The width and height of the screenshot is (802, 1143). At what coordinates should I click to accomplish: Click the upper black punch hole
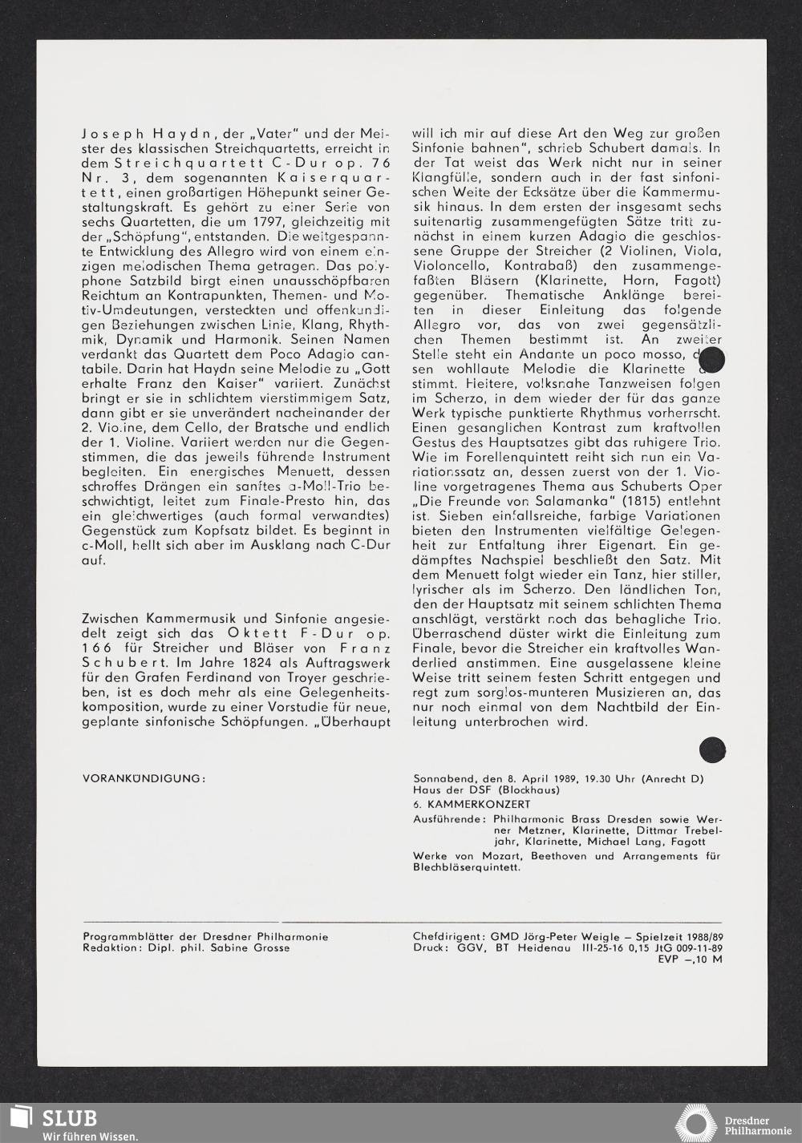711,360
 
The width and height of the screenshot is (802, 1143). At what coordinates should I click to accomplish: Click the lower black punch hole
712,749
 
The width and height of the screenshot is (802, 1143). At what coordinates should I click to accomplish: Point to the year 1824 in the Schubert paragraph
243,663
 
